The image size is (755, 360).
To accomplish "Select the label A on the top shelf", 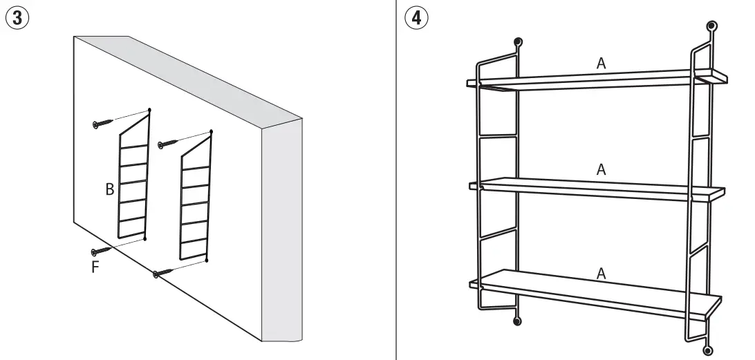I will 601,63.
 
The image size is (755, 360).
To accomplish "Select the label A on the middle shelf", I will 601,169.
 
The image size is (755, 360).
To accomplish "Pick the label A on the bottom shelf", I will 601,274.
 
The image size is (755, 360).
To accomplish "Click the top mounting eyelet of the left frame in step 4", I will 517,42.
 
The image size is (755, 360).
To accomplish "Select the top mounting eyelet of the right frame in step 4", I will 711,28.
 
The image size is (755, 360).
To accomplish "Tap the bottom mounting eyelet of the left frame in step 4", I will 516,321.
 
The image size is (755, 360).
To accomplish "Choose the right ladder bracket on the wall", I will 194,204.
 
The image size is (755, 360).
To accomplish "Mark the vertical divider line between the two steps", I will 396,180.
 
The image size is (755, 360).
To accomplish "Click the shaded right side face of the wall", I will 282,228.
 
